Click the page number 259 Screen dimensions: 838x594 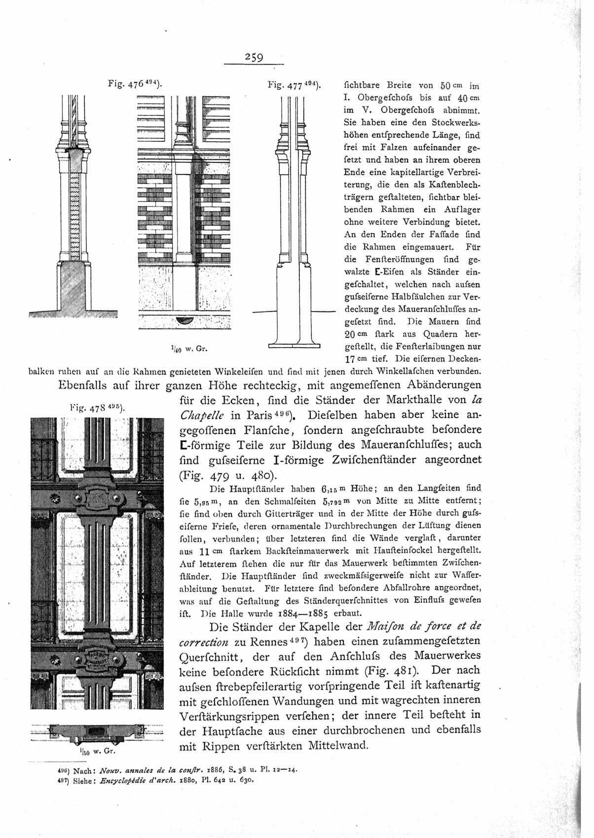coord(255,58)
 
